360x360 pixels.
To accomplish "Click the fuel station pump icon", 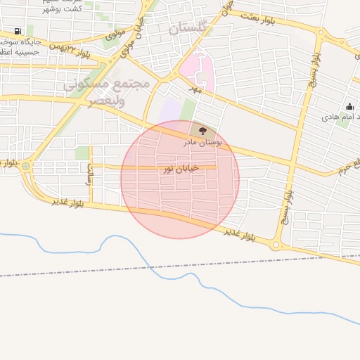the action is pyautogui.click(x=17, y=32).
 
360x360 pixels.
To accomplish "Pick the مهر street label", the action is pyautogui.click(x=195, y=89).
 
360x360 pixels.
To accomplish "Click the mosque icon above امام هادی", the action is pyautogui.click(x=349, y=106).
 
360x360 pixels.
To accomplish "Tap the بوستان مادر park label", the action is pyautogui.click(x=202, y=143).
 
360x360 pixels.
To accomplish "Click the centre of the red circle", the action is pyautogui.click(x=180, y=179).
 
